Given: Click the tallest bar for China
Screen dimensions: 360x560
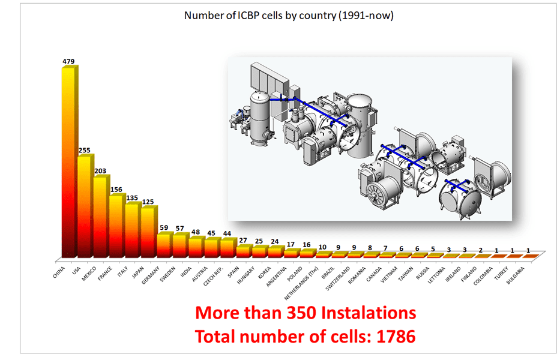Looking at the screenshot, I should pyautogui.click(x=70, y=162).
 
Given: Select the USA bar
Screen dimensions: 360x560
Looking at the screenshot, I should pyautogui.click(x=85, y=207).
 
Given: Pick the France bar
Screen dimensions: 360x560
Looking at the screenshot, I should pyautogui.click(x=116, y=226).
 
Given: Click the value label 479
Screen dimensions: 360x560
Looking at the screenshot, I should pyautogui.click(x=70, y=61).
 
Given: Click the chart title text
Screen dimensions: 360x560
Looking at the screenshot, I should pyautogui.click(x=289, y=16).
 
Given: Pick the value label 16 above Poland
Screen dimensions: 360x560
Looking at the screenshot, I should pyautogui.click(x=307, y=244).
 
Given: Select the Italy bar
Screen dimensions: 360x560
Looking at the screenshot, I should pyautogui.click(x=132, y=230).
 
